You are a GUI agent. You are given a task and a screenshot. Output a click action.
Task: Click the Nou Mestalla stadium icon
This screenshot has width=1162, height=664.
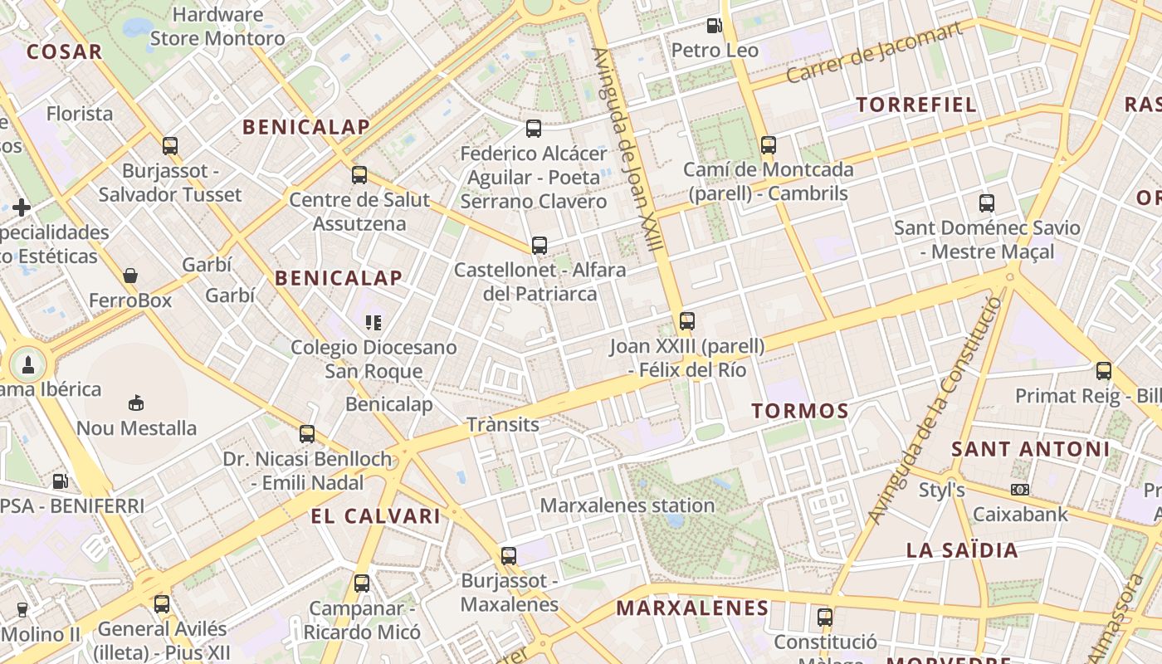pyautogui.click(x=136, y=403)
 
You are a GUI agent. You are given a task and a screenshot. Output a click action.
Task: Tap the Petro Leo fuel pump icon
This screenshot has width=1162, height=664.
pyautogui.click(x=714, y=26)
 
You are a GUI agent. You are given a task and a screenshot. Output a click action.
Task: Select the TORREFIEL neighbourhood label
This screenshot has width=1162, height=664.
pyautogui.click(x=916, y=105)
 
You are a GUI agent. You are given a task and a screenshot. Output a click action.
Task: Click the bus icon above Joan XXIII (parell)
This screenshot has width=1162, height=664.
pyautogui.click(x=687, y=320)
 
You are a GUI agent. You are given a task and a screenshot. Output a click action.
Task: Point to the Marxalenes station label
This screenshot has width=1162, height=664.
pyautogui.click(x=627, y=505)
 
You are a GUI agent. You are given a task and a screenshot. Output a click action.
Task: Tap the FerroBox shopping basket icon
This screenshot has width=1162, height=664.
pyautogui.click(x=130, y=276)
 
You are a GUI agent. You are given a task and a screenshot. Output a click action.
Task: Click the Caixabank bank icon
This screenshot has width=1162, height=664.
pyautogui.click(x=1020, y=490)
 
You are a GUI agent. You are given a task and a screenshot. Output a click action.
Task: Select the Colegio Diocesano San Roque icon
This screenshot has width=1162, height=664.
pyautogui.click(x=373, y=322)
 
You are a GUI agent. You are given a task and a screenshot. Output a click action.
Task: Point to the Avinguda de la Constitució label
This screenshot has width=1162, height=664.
pyautogui.click(x=935, y=411)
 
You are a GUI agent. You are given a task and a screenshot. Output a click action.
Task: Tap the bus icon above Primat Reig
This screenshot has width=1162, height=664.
pyautogui.click(x=1103, y=370)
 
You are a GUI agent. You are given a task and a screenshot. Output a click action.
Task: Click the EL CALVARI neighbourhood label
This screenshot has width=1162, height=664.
pyautogui.click(x=375, y=516)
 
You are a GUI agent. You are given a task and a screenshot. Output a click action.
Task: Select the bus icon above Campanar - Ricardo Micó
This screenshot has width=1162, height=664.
pyautogui.click(x=362, y=583)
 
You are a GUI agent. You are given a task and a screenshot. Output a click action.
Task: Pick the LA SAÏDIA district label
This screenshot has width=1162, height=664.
pyautogui.click(x=962, y=550)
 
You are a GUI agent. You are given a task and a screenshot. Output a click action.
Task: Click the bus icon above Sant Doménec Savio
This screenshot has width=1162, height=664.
pyautogui.click(x=986, y=203)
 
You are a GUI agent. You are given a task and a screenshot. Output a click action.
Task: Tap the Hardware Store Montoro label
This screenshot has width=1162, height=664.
pyautogui.click(x=217, y=27)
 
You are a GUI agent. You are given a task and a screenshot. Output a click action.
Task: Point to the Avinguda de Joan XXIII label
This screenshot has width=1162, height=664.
pyautogui.click(x=627, y=149)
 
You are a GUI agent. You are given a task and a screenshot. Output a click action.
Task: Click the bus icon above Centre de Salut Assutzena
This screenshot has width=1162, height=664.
pyautogui.click(x=359, y=175)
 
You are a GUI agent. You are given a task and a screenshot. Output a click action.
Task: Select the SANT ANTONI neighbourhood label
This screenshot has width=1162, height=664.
pyautogui.click(x=1030, y=450)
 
